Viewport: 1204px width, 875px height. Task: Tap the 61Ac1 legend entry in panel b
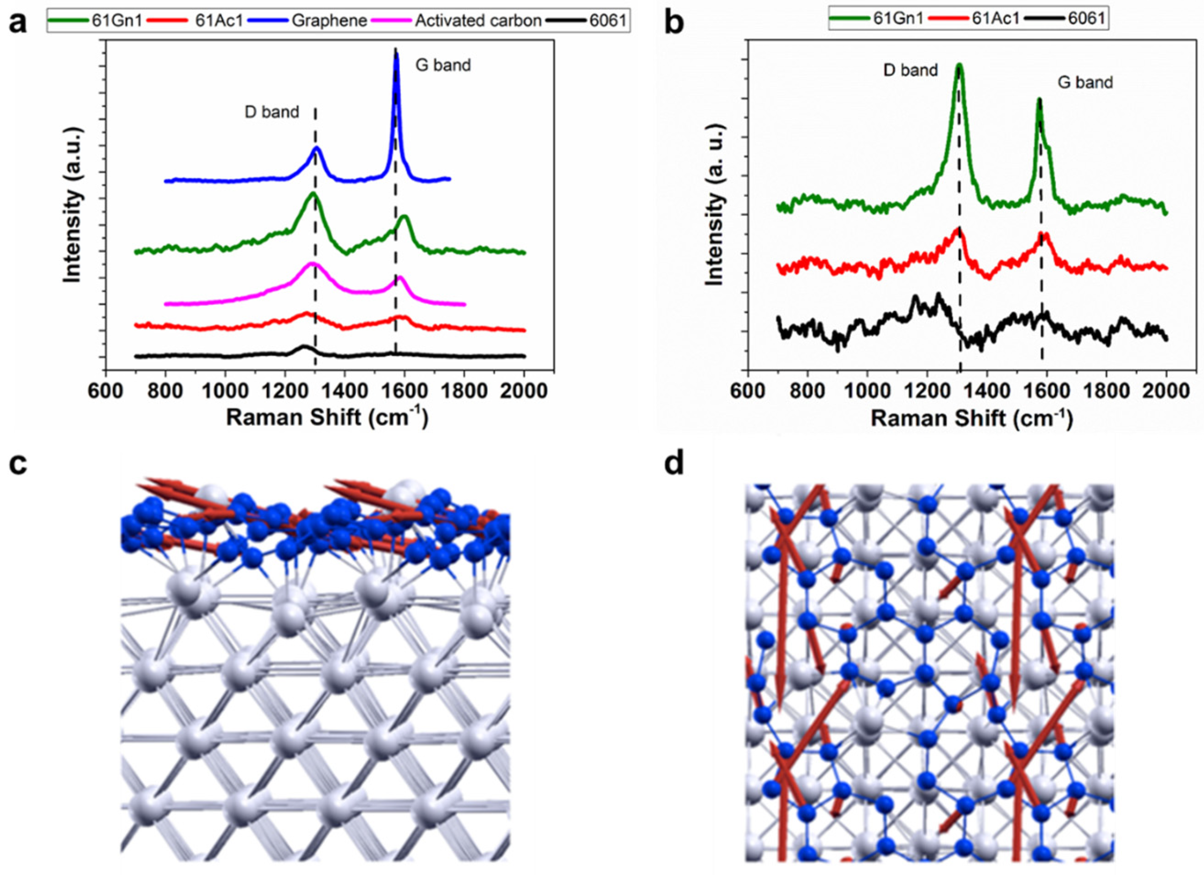pos(998,19)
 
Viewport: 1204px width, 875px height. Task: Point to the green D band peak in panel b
pos(959,81)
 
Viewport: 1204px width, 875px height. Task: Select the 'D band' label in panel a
pos(271,112)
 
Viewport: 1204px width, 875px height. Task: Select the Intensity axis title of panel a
pos(73,204)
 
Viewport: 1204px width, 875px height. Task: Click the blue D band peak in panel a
pos(317,149)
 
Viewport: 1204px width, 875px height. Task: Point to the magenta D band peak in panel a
pos(312,264)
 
